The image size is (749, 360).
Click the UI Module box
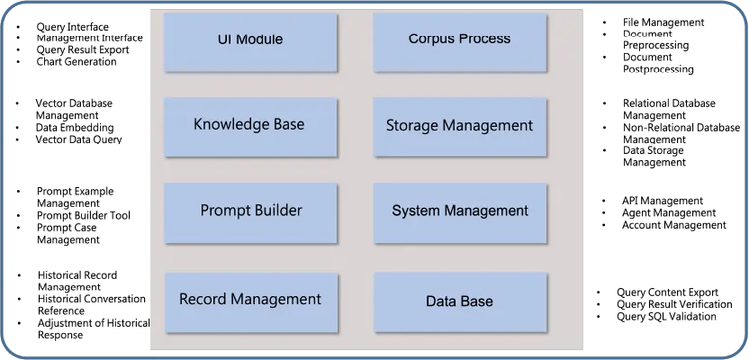(250, 40)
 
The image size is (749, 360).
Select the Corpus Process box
(459, 40)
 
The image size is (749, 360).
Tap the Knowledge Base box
(249, 125)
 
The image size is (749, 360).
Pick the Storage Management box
(459, 125)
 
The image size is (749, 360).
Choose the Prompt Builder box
(250, 211)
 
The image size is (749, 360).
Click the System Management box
(459, 211)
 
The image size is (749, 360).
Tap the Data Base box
(459, 301)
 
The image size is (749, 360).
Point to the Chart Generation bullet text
(76, 62)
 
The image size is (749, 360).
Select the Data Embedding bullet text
(74, 128)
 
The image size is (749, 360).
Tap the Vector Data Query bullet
(78, 139)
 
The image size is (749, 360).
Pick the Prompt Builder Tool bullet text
(83, 215)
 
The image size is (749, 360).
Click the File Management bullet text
(663, 22)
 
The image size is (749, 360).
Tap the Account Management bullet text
(673, 225)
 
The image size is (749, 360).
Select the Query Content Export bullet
(667, 292)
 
